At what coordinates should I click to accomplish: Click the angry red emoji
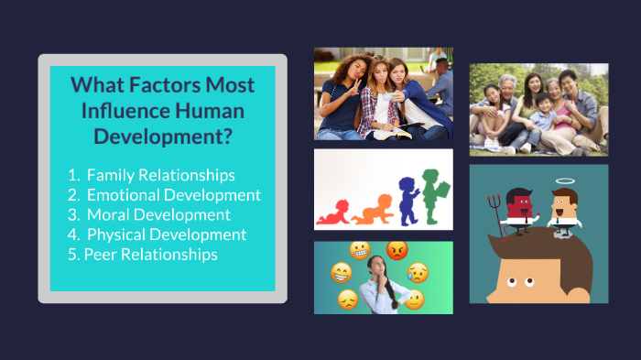click(x=397, y=249)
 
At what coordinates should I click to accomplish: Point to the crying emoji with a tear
click(x=418, y=271)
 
